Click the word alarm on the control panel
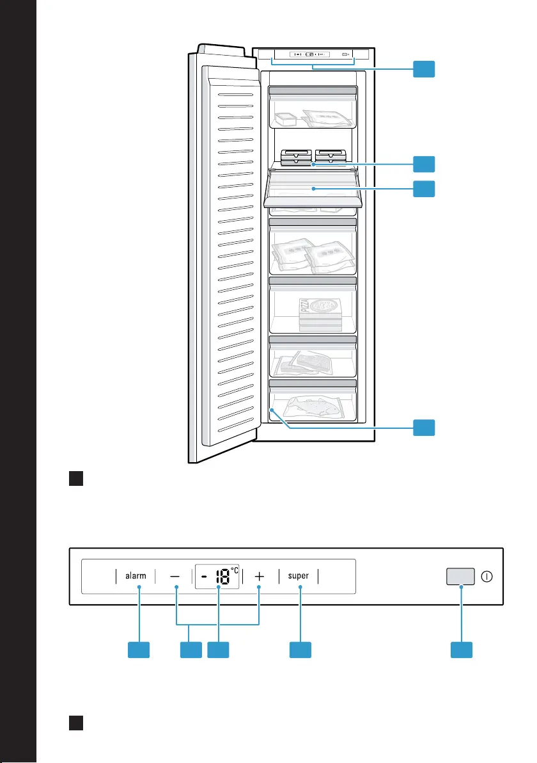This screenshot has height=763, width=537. tap(136, 575)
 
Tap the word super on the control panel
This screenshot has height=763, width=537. tap(299, 575)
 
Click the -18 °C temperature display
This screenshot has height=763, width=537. tap(217, 576)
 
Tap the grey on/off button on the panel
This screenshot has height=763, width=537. tap(461, 576)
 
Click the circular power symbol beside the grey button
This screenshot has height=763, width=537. tap(486, 576)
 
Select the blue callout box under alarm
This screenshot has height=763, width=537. tap(139, 650)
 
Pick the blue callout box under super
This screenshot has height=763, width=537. tap(300, 650)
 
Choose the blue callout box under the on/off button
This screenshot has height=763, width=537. tap(462, 650)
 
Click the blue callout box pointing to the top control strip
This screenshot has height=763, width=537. tap(424, 69)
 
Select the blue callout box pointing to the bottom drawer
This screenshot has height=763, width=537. tap(424, 427)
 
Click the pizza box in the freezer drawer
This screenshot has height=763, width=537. tap(320, 314)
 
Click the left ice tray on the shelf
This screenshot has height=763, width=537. tap(297, 157)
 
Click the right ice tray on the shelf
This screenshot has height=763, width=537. tap(331, 157)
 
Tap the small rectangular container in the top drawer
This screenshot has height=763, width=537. tap(285, 118)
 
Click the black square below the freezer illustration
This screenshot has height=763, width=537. tap(76, 478)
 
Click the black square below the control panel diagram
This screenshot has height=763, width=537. tap(76, 723)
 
